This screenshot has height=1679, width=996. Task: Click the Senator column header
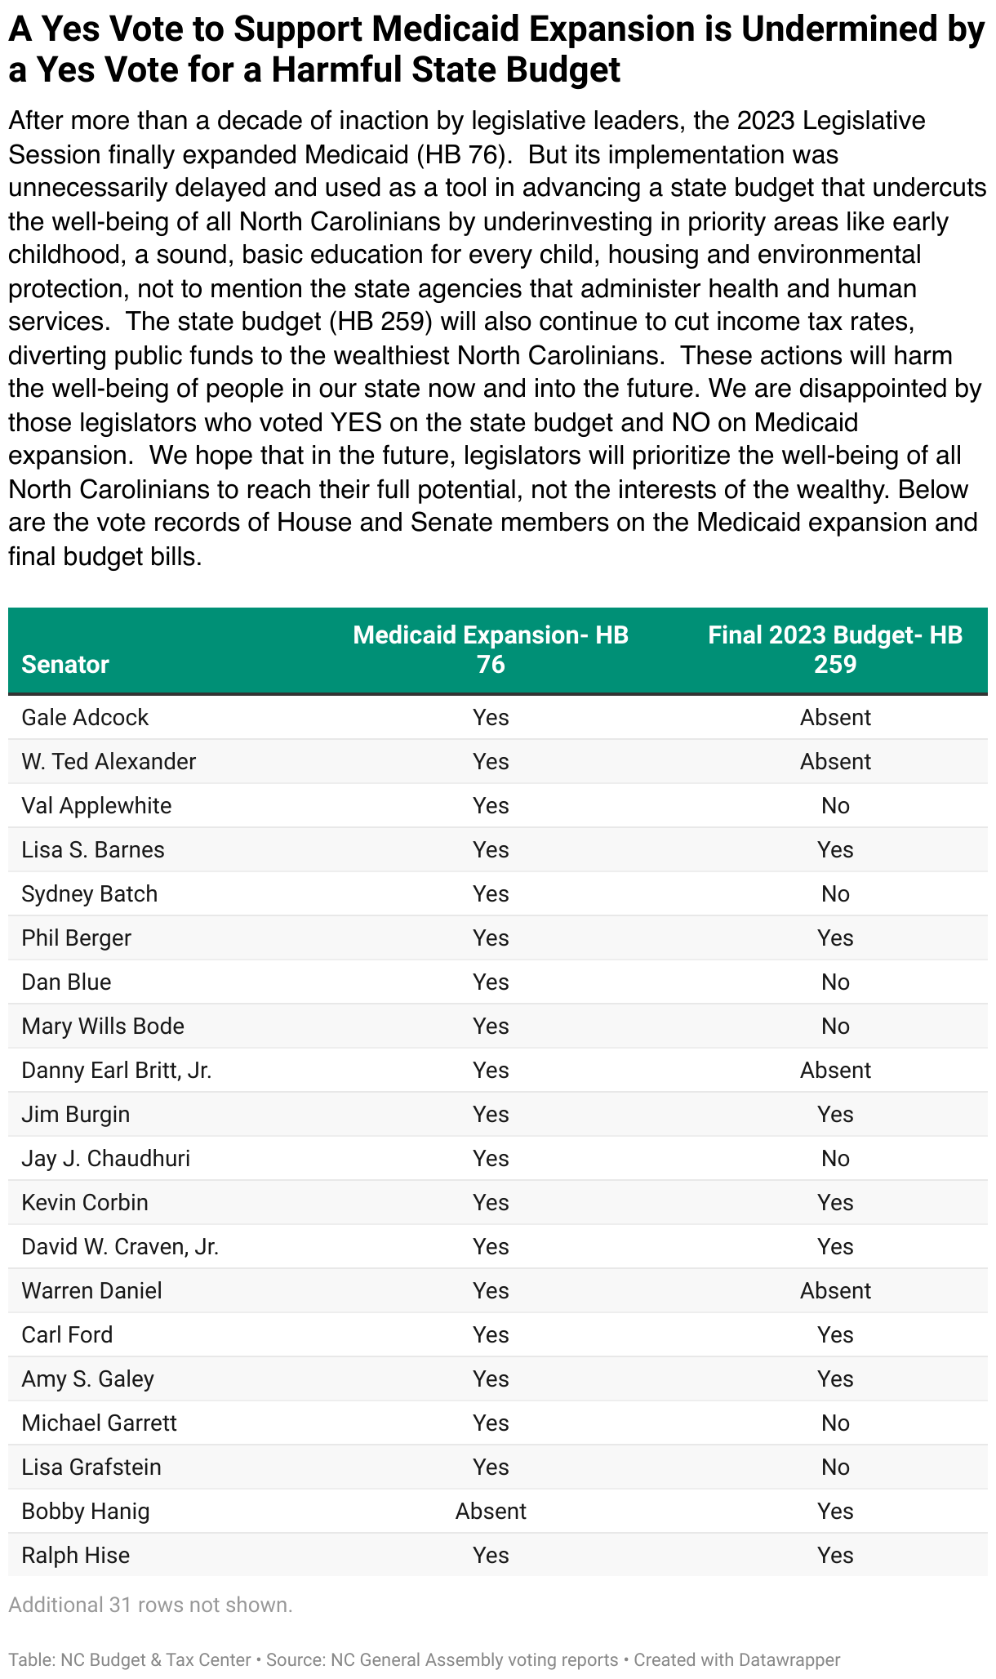point(65,665)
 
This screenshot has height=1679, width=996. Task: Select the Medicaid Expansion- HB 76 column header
point(491,650)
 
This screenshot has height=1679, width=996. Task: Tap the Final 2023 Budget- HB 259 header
point(835,650)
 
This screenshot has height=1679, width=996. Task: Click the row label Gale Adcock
point(85,718)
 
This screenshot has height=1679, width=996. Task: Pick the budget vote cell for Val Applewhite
point(835,806)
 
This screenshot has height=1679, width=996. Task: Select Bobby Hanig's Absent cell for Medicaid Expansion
point(491,1512)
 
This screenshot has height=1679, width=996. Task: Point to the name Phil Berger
point(76,938)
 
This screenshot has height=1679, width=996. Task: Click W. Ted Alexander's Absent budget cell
point(835,762)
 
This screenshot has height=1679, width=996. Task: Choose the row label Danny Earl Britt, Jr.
point(117,1071)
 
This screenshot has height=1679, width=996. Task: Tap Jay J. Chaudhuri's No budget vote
point(835,1159)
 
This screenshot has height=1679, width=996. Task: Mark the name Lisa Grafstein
point(91,1467)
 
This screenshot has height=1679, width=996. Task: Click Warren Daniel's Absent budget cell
point(835,1291)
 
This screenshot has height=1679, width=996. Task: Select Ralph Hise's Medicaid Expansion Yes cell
point(491,1556)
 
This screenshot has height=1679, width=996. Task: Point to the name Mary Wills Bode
point(103,1027)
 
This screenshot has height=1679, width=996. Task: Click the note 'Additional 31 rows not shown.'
point(150,1605)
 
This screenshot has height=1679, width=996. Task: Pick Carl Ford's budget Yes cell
point(835,1335)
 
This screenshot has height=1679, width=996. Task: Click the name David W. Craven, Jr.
point(120,1247)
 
